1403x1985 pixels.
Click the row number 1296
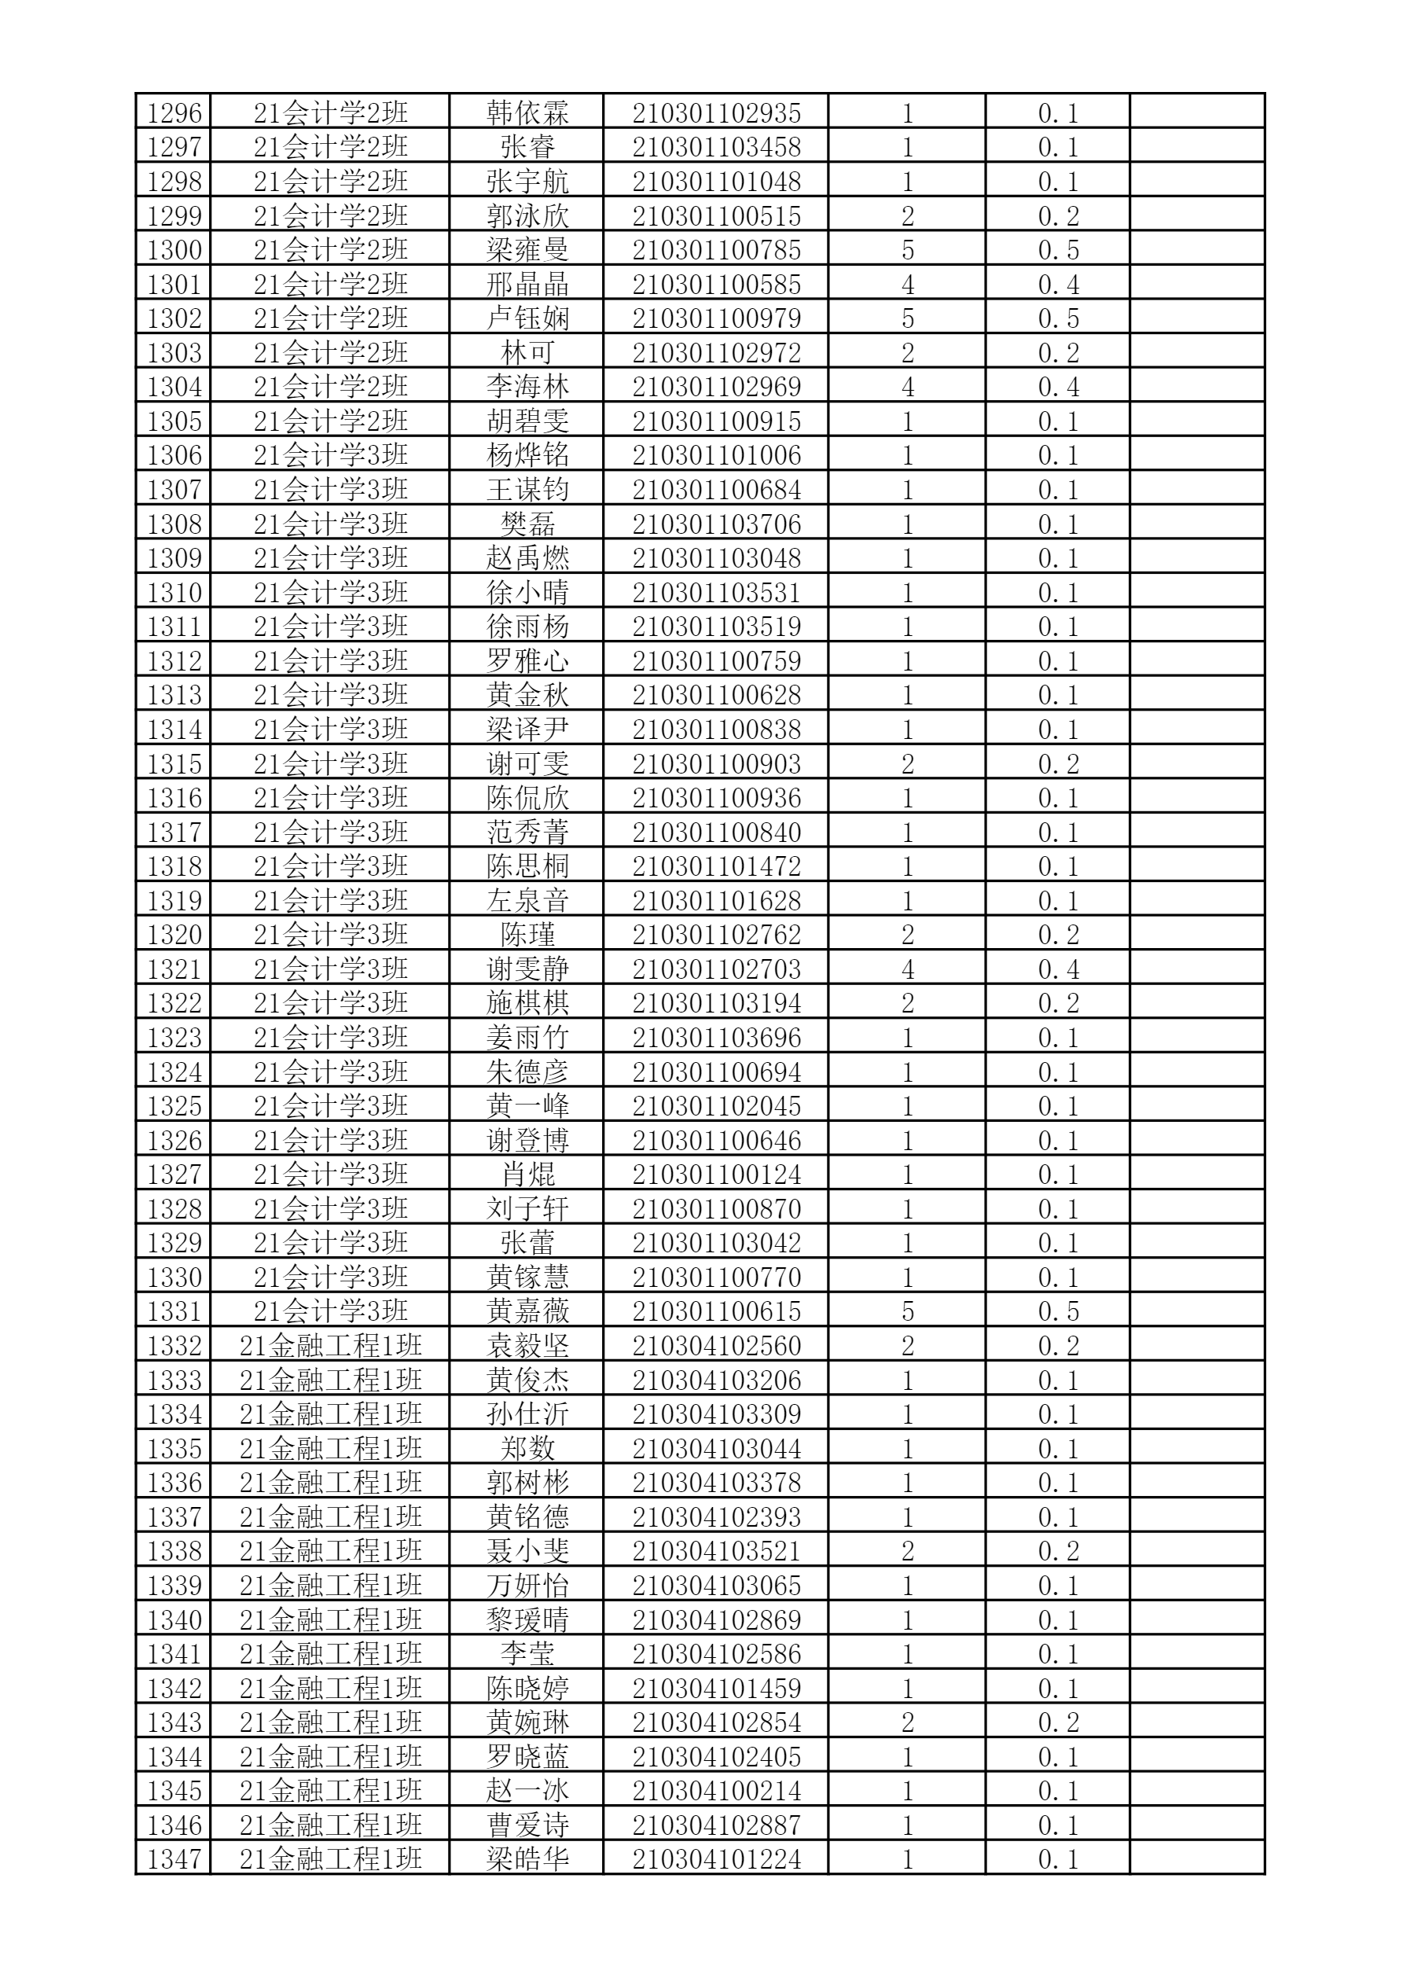[174, 113]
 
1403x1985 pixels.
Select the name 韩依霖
[527, 113]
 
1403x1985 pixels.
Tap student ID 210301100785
[716, 251]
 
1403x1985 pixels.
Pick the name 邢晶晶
[527, 285]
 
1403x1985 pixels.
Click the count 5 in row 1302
[907, 319]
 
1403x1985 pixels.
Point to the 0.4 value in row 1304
[1057, 388]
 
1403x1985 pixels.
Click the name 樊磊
[527, 524]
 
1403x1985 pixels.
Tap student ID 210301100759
[716, 661]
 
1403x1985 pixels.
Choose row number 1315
[174, 764]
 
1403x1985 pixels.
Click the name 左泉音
[527, 901]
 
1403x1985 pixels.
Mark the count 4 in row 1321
[907, 969]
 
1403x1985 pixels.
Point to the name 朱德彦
[527, 1072]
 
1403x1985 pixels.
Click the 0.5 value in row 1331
[1057, 1311]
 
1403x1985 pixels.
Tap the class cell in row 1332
[330, 1346]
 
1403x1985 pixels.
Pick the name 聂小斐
[527, 1551]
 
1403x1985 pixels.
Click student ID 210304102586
[716, 1654]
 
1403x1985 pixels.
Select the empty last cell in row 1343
[1196, 1722]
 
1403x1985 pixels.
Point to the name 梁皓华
[527, 1858]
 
